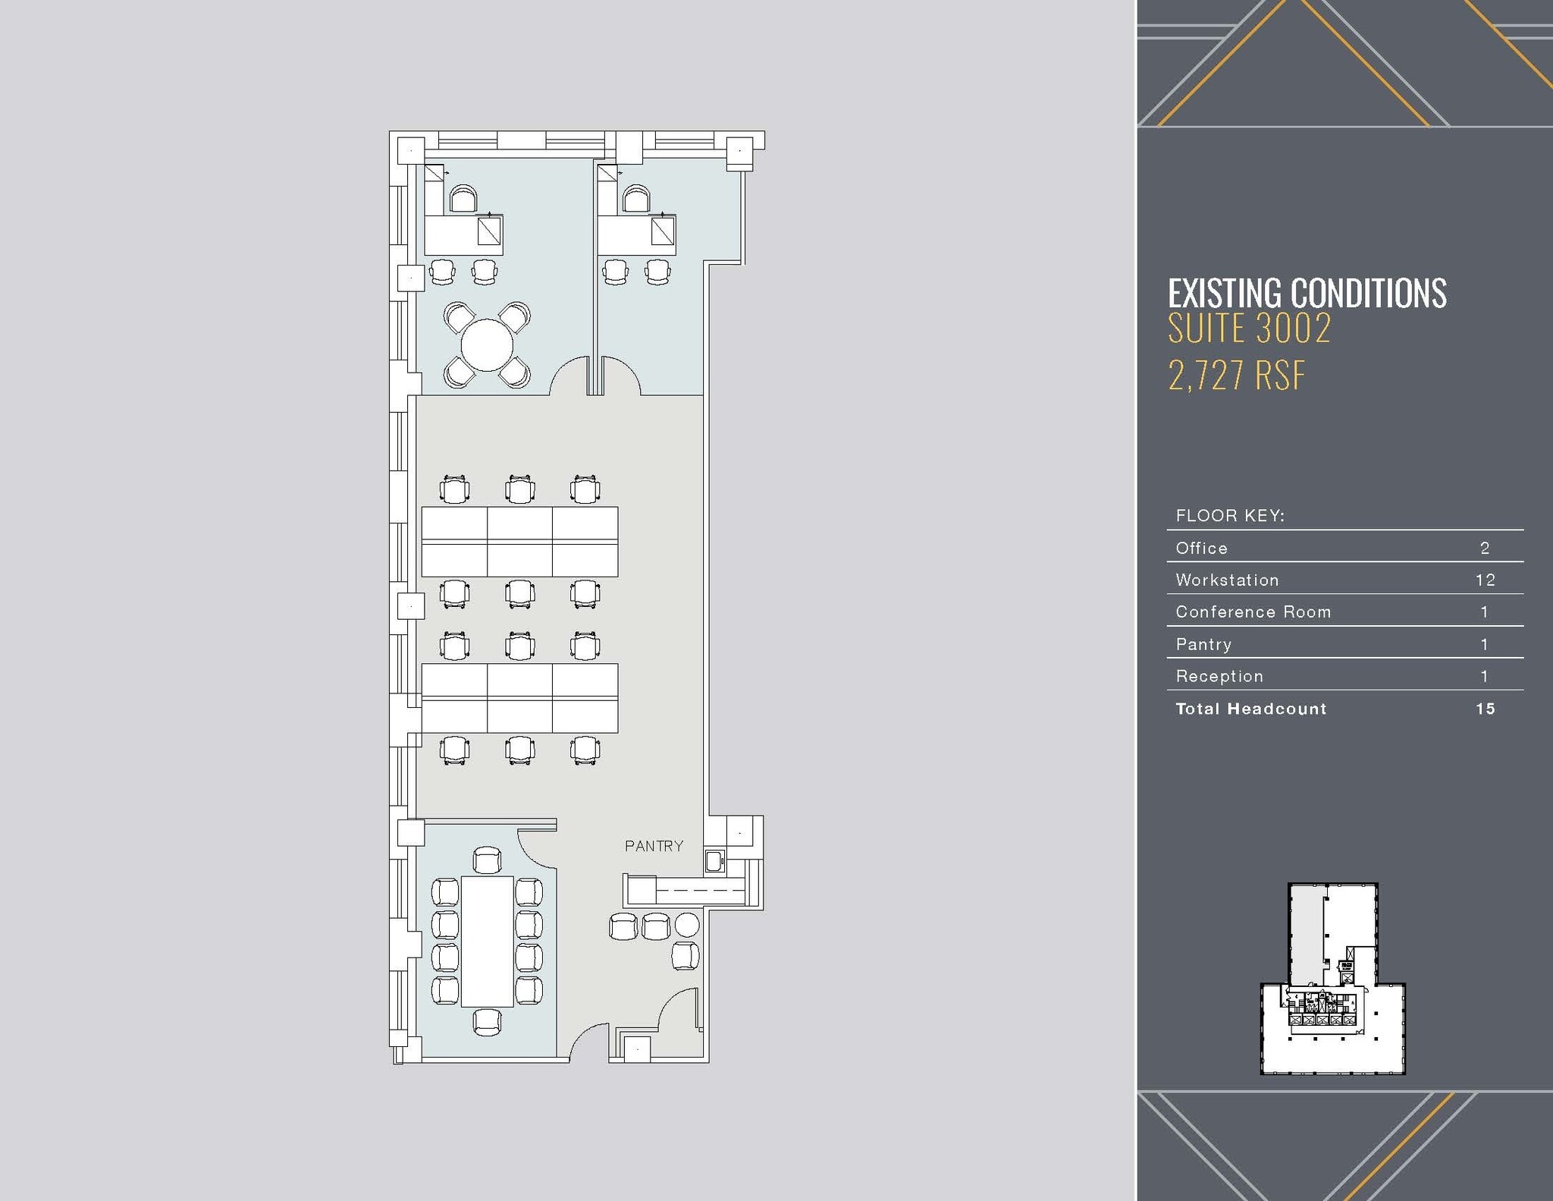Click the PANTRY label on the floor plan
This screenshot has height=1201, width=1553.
(654, 845)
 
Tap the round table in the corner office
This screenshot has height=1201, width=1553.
(487, 344)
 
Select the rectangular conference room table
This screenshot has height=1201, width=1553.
(487, 941)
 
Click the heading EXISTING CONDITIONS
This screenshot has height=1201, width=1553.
(1307, 294)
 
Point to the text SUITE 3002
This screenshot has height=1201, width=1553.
(1249, 329)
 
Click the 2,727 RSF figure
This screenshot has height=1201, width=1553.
(1236, 376)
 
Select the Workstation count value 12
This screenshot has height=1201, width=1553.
(1485, 580)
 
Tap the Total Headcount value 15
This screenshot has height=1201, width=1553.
(1485, 709)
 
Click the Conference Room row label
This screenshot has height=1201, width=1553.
(1253, 612)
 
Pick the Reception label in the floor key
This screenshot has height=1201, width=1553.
(1219, 676)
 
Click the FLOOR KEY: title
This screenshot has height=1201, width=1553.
(1229, 516)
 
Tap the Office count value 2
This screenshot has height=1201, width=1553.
(1485, 548)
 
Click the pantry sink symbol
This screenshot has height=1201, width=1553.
(714, 860)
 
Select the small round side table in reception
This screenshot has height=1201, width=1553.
(687, 925)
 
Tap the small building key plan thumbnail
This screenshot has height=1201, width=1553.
(1332, 978)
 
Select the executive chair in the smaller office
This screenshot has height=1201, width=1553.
(637, 199)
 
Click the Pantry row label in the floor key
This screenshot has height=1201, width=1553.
(1203, 644)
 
